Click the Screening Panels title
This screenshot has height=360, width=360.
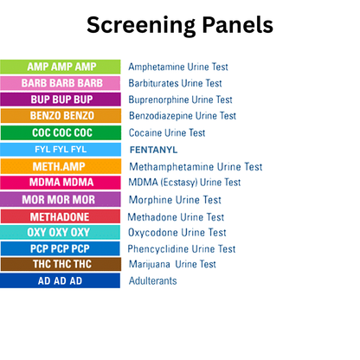pos(179,25)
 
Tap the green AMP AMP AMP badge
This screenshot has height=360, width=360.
pos(61,67)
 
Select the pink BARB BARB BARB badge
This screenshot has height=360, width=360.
pos(61,83)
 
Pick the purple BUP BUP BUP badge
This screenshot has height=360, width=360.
pos(61,100)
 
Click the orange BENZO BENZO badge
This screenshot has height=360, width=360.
pos(61,116)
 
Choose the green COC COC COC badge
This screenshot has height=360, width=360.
pos(61,133)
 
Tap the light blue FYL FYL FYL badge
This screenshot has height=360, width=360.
pos(61,150)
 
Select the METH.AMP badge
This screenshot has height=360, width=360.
pos(61,166)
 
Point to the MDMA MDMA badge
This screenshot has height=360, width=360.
pos(61,183)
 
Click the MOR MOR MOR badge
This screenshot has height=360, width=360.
pos(61,200)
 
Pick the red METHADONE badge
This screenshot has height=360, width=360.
pos(61,216)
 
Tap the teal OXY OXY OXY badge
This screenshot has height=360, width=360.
pos(61,233)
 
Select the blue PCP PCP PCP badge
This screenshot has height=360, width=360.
pos(61,248)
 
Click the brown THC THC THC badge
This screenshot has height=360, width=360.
pos(61,265)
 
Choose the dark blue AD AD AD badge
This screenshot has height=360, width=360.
pos(61,281)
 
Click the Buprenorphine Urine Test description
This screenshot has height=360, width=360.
pos(181,100)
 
